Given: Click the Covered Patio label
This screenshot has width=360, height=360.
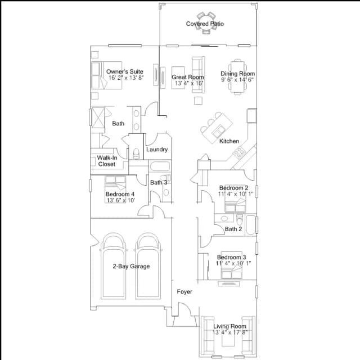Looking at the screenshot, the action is point(205,24).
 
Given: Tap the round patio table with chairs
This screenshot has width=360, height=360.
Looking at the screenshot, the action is point(206,22).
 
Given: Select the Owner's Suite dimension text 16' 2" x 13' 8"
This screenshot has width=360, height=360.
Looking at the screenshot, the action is point(126,78).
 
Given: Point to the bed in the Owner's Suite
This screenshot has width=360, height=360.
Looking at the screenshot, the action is point(106,75).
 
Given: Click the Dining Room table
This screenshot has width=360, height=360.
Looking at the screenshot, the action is point(237,77).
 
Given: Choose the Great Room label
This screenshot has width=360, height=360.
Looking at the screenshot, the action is point(188,77).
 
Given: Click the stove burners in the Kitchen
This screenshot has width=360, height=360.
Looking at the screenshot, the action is point(238,152).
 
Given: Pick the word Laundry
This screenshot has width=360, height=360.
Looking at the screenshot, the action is point(157,150).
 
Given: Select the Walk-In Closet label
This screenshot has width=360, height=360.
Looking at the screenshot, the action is point(107,161).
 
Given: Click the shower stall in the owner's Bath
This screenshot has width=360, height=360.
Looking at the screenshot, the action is point(98,118).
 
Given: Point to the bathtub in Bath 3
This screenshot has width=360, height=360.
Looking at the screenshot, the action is point(160,166).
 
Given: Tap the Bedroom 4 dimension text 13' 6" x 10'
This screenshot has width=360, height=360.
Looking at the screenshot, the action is point(121,200).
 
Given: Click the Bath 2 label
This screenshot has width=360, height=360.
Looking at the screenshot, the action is point(233,229).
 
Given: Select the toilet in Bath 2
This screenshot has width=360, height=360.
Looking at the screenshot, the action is point(240,220).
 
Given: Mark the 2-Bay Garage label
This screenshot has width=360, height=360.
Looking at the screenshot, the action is point(131,266).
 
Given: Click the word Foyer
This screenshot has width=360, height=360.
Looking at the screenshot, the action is point(184,292).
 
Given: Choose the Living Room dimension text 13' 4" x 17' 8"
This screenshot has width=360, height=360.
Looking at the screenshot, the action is point(230,332).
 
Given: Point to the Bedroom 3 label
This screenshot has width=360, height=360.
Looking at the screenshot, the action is point(231,258).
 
